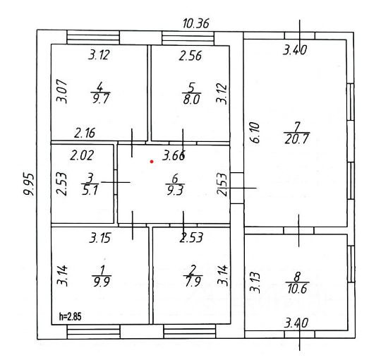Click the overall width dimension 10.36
[196, 23]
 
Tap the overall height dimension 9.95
[29, 184]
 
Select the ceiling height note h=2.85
[71, 317]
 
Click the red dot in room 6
[152, 162]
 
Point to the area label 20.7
[296, 139]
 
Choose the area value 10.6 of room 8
[298, 289]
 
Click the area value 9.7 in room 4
[101, 99]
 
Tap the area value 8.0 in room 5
[191, 100]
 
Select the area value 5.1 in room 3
[90, 190]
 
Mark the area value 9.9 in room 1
[102, 282]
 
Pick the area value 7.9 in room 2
[193, 282]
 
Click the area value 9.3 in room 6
[175, 191]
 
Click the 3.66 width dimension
[174, 155]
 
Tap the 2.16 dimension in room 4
[85, 133]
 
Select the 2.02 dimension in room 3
[82, 155]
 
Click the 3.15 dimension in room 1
[100, 238]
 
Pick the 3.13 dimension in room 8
[255, 282]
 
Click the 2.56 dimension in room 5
[190, 56]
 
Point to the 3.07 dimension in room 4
[61, 91]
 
